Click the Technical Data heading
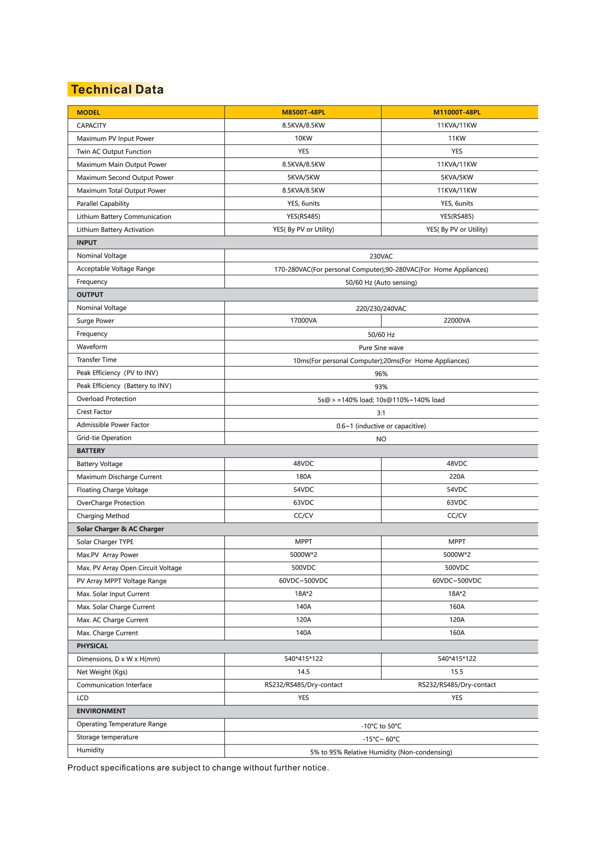coord(117,90)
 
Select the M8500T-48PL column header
coord(303,112)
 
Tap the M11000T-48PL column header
coord(457,112)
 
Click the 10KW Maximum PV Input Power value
coord(303,138)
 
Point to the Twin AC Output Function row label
coord(114,151)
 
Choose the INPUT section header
coord(87,243)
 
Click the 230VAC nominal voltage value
coord(381,256)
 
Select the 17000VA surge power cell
coord(303,321)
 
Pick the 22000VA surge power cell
coord(457,321)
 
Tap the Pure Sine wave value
coord(381,348)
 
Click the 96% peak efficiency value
coord(381,374)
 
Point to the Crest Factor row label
coord(94,412)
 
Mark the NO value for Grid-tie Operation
coord(381,439)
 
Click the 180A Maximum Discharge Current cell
coord(303,477)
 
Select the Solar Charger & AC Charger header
coord(120,529)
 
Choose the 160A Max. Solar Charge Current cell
coord(457,607)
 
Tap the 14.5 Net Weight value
coord(303,672)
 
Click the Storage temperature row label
coord(107,737)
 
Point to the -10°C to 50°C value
coord(381,726)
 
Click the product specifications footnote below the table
coord(198,768)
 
